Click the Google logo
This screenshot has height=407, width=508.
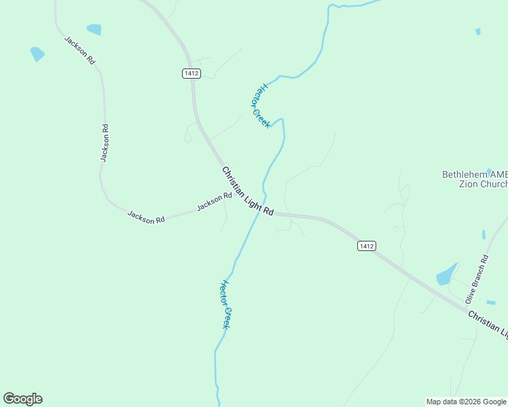click(23, 399)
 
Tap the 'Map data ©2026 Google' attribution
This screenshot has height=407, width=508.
click(466, 402)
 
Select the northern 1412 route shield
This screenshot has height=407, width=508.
click(191, 73)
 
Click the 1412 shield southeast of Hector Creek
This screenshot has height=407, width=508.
click(366, 246)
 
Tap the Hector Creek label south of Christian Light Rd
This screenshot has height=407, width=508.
click(226, 305)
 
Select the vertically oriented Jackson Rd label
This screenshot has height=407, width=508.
click(105, 142)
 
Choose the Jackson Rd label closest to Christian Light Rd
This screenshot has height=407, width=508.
click(215, 201)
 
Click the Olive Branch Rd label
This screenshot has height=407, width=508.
click(477, 279)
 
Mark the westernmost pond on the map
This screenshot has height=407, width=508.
click(37, 54)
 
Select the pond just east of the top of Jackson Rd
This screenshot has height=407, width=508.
click(94, 29)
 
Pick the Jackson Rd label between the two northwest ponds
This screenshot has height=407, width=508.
click(79, 50)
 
